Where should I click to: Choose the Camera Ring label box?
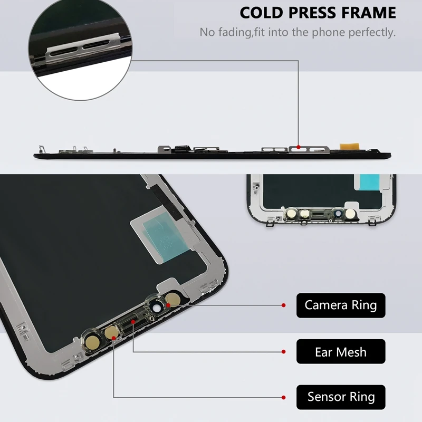pos(341,305)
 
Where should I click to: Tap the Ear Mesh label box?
pos(341,351)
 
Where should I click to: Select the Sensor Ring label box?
pos(341,397)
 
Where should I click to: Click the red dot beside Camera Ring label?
pos(284,305)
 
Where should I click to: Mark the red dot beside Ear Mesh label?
pos(284,351)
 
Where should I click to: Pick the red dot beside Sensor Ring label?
pos(284,397)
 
